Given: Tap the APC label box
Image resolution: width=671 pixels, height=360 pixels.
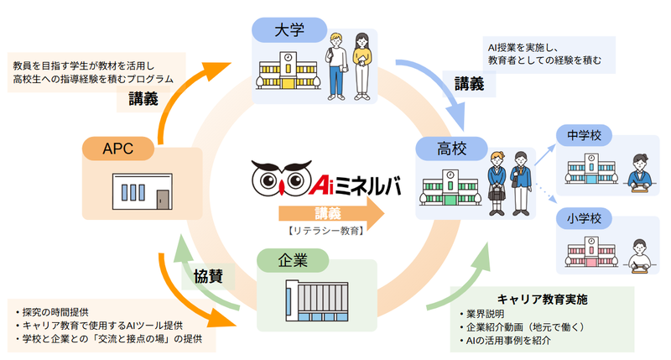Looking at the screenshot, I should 118,149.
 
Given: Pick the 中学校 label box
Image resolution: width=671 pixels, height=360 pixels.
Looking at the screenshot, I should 583,135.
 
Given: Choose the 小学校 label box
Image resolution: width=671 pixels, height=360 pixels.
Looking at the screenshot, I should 583,220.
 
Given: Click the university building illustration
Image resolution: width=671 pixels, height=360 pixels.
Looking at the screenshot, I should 288,71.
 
